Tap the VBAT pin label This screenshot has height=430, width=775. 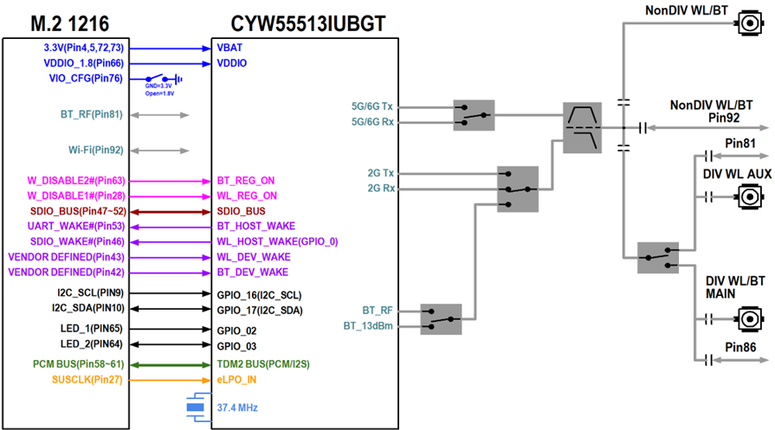229,48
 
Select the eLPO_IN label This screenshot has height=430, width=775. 236,379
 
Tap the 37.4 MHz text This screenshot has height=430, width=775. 237,407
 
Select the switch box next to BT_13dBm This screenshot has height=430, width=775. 442,318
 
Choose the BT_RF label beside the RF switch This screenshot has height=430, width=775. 378,309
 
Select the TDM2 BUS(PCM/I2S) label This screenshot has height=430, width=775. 262,363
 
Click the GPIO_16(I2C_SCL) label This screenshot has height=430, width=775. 259,294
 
